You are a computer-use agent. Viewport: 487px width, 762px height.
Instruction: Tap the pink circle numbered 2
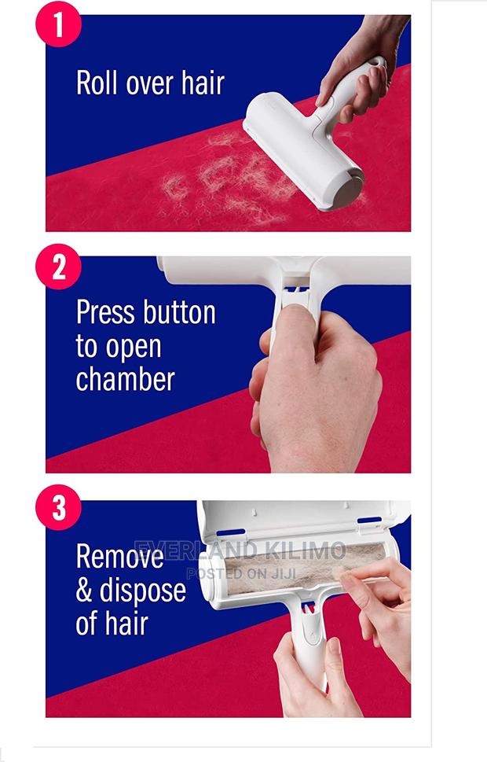[59, 267]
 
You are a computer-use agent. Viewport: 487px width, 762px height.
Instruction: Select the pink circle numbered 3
[59, 508]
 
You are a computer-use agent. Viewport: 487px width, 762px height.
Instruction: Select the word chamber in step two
[125, 379]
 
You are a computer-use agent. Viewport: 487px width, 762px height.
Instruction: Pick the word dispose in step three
[143, 591]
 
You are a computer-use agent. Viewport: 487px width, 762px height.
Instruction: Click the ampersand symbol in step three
[85, 591]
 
